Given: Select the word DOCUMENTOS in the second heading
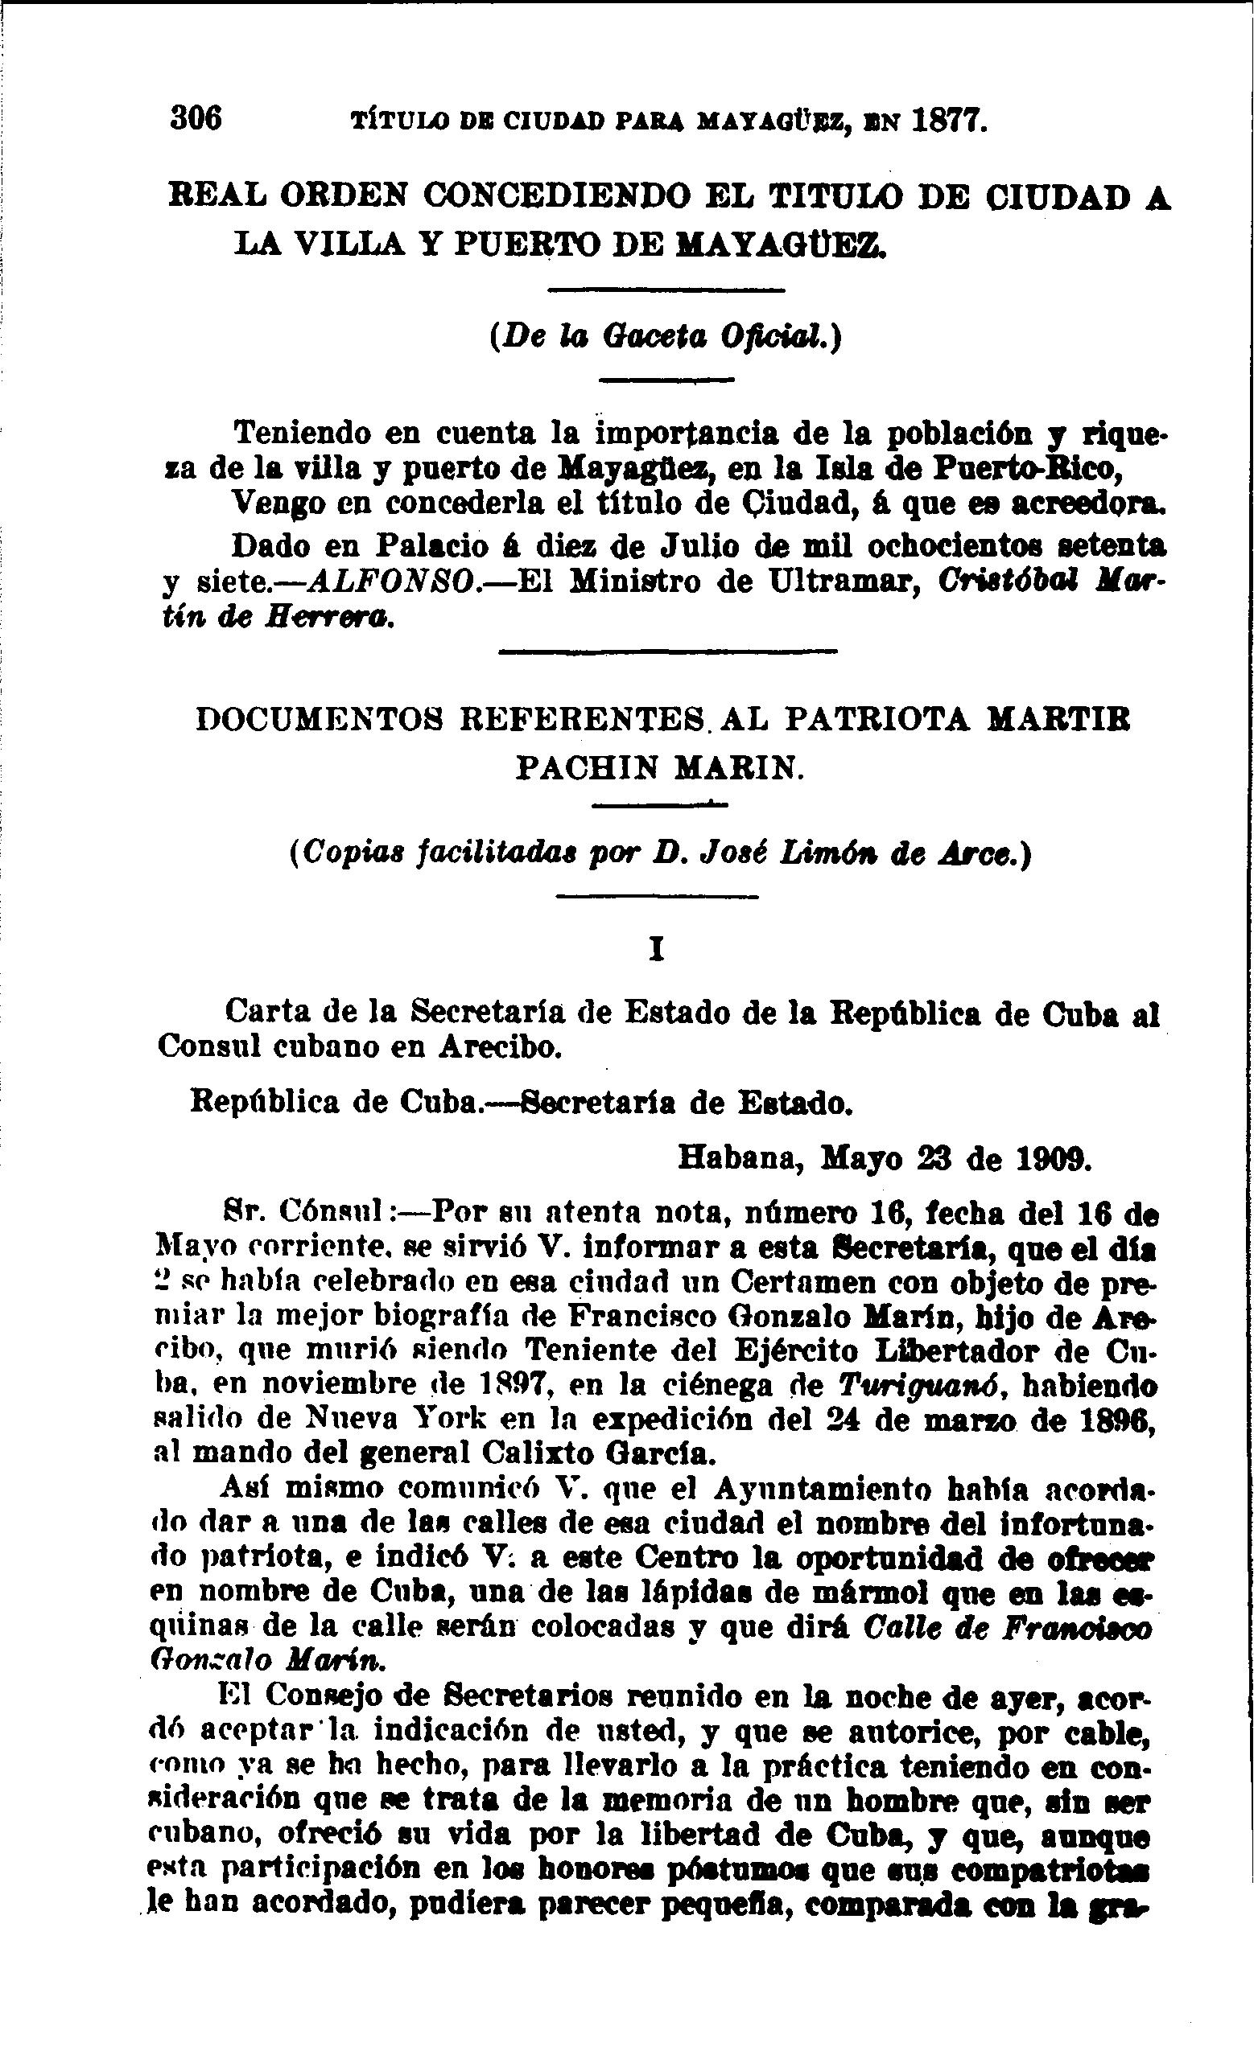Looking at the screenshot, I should point(320,719).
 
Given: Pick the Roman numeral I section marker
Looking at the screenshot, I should point(657,951).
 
